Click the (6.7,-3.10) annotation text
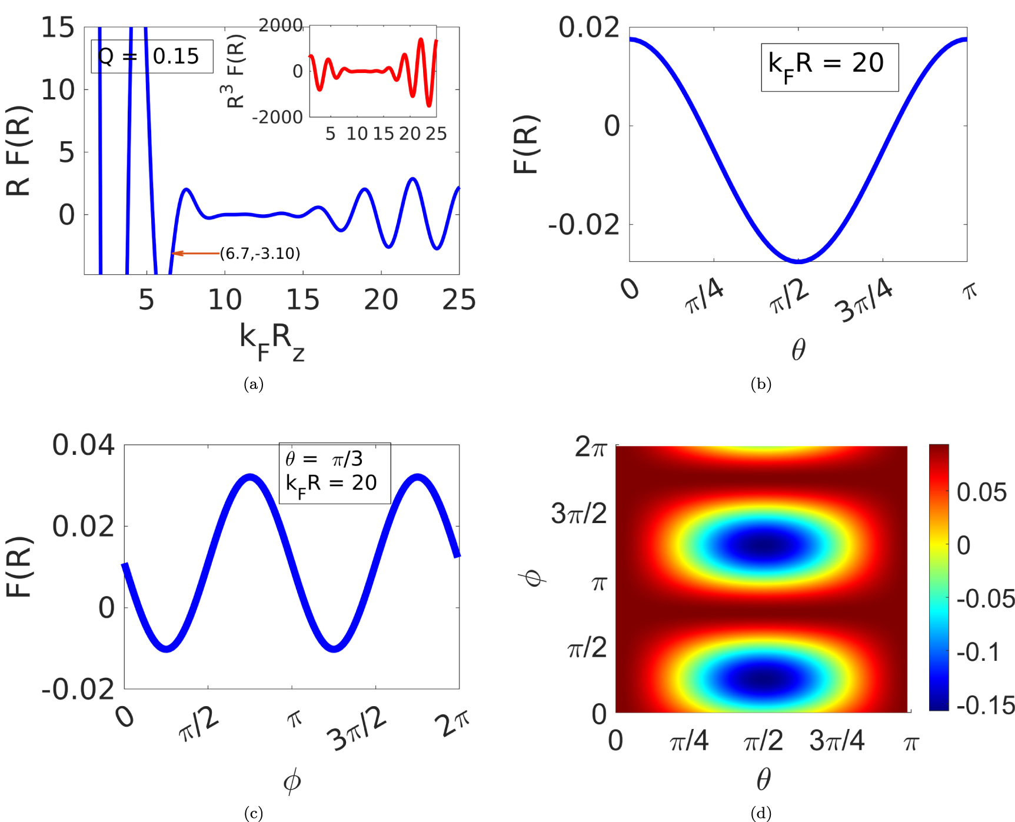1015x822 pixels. click(260, 254)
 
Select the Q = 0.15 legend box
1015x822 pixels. click(152, 56)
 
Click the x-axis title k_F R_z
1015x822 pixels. click(272, 341)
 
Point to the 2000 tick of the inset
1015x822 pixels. click(281, 26)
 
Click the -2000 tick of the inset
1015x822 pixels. click(277, 118)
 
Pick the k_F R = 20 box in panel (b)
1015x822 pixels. click(830, 67)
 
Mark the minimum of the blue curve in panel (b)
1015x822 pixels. click(798, 261)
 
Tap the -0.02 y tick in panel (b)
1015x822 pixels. click(584, 225)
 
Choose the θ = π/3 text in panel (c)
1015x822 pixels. click(324, 459)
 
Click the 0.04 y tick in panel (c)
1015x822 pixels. click(84, 445)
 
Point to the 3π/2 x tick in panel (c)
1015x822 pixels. click(357, 730)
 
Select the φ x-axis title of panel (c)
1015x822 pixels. click(292, 781)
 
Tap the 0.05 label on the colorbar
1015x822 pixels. click(981, 492)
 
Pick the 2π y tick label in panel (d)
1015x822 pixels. click(590, 447)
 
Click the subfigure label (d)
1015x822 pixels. click(761, 813)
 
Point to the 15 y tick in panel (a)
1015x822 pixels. click(58, 28)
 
